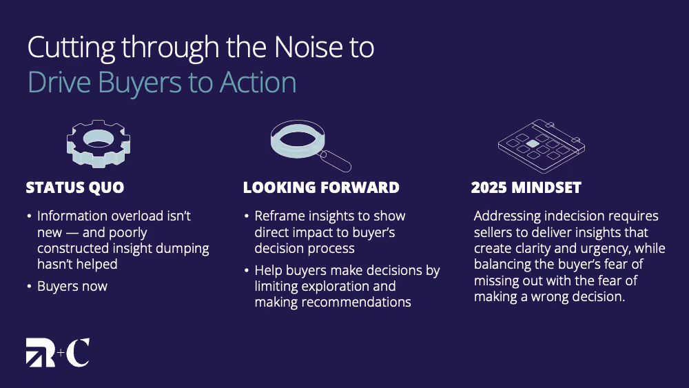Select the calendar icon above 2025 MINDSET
pos(542,145)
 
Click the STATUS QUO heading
pos(74,187)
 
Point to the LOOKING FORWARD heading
pos(321,187)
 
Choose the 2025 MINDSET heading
pos(526,187)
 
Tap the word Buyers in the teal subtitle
pos(139,83)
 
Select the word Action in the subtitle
pos(258,82)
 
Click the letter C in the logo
pos(79,352)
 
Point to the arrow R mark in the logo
pos(41,352)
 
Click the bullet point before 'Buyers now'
pos(29,287)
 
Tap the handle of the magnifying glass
pos(335,161)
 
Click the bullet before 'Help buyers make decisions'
pos(247,270)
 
